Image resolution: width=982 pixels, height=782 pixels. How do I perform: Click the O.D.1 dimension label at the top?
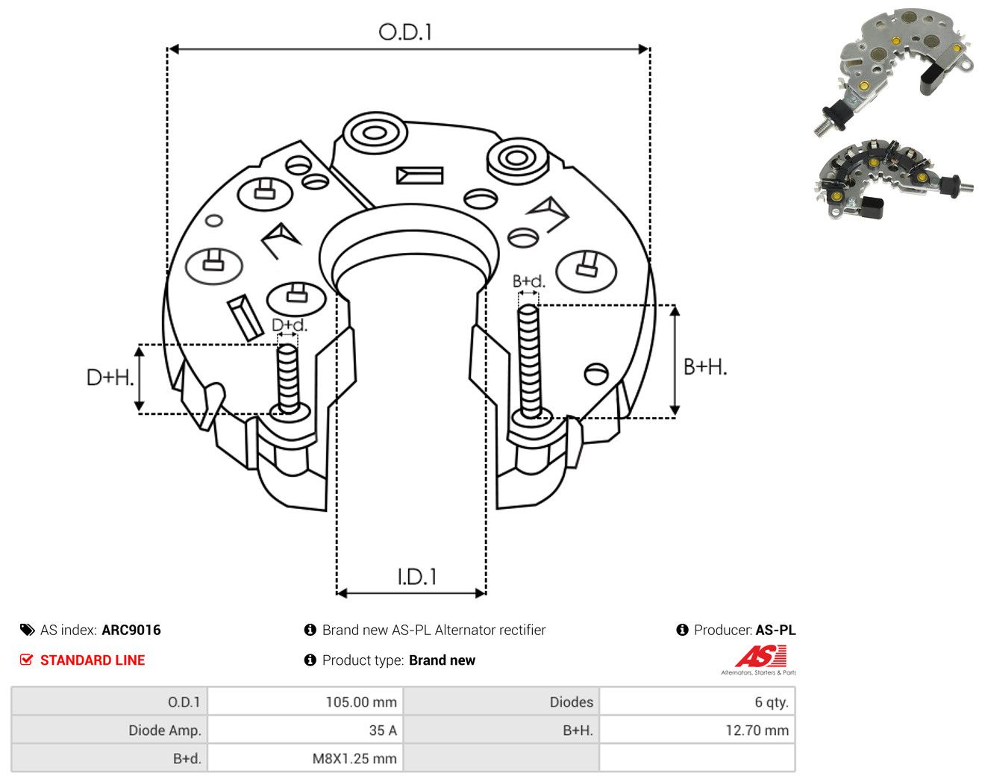point(404,32)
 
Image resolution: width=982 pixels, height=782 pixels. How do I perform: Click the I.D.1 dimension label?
point(416,577)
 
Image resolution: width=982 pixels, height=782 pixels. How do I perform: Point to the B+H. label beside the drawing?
point(704,367)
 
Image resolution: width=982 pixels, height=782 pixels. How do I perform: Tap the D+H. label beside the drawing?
point(110,378)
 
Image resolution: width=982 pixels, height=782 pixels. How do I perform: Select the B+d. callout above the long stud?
point(528,281)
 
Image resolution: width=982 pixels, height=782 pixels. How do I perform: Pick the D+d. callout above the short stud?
point(290,325)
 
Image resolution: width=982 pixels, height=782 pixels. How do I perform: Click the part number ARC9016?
point(131,630)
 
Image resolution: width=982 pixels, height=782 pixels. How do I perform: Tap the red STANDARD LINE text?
point(93,660)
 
